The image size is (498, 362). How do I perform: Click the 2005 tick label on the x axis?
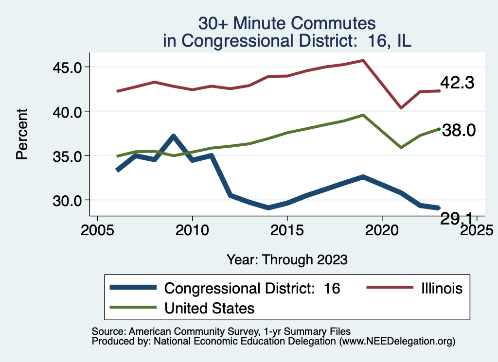click(x=98, y=229)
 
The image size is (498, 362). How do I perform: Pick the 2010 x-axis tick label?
click(x=193, y=229)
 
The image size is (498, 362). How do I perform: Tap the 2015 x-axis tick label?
click(x=287, y=229)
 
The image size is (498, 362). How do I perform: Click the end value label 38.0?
click(x=458, y=130)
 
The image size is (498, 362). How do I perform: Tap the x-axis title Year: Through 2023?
click(x=287, y=259)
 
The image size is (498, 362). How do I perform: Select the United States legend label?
click(x=210, y=308)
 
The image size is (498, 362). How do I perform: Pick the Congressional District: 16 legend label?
click(x=252, y=288)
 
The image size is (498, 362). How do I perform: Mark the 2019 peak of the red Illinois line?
click(x=363, y=60)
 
